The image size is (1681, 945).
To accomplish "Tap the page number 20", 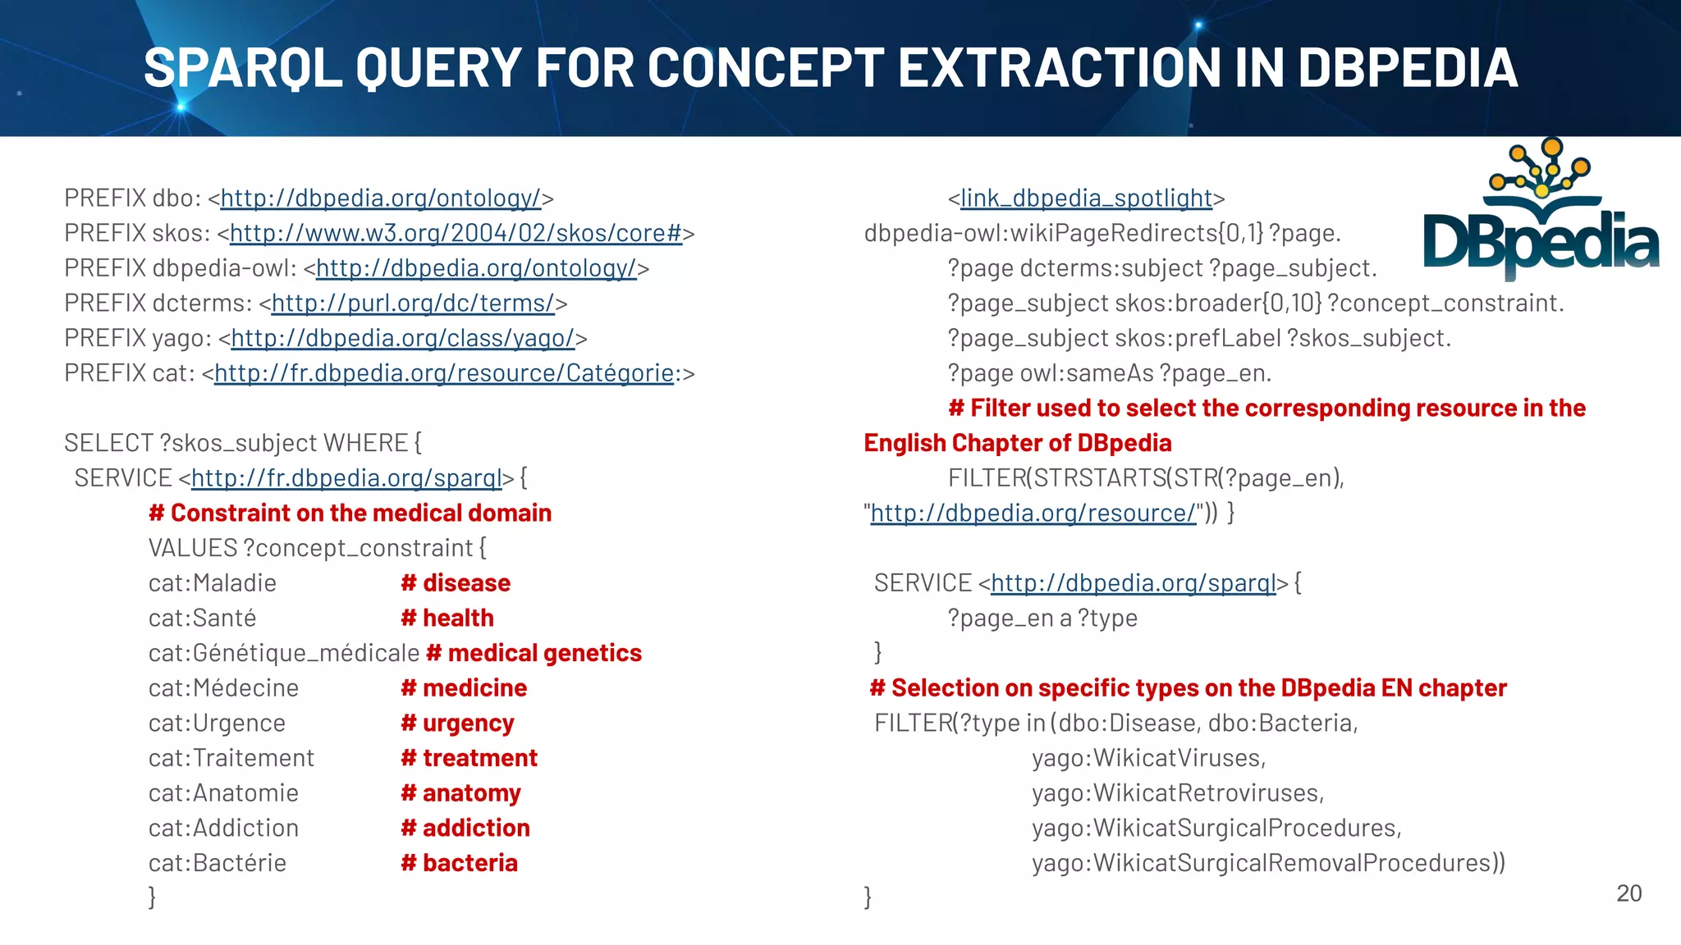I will click(1628, 893).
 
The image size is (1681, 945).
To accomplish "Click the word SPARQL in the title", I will click(243, 67).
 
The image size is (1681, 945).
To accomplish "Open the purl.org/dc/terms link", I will click(413, 304).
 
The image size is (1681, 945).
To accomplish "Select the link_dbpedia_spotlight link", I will click(1086, 199).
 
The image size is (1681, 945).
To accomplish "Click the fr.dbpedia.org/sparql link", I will click(346, 478).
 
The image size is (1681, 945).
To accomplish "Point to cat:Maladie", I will click(212, 583).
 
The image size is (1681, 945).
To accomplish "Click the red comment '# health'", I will click(447, 619).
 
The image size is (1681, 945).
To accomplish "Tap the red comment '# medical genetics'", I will click(534, 653).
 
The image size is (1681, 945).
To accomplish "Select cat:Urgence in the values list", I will click(217, 724).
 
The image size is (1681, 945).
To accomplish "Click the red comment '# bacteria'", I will click(459, 863).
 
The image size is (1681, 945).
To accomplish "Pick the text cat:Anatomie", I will click(223, 793).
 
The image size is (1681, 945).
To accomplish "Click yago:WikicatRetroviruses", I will click(1177, 793).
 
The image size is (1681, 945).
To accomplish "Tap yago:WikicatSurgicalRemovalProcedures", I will click(1267, 863).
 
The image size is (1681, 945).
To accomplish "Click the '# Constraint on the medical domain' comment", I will click(350, 514).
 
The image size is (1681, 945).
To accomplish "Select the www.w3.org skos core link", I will click(456, 234).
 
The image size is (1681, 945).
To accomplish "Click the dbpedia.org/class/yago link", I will click(402, 338).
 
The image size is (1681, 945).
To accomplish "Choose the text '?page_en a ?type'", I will click(1042, 619).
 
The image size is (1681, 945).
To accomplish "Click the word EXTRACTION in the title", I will click(1058, 67).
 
